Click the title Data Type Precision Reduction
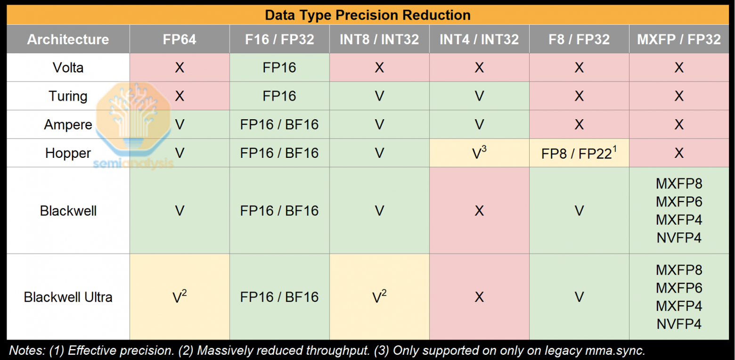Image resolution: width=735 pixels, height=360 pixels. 367,15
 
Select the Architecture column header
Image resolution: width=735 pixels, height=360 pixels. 68,40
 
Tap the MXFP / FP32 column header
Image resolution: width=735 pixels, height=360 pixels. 679,40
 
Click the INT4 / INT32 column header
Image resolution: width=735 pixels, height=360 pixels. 479,40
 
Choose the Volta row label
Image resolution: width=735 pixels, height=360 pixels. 68,68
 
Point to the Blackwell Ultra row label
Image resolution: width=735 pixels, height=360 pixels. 68,297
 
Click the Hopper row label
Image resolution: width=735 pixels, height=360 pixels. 68,153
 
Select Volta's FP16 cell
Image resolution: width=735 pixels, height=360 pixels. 279,68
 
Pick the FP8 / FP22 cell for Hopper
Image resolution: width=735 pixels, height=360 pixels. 579,154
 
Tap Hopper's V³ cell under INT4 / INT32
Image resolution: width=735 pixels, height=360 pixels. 479,154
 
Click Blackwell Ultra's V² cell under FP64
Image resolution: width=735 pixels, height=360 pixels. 180,297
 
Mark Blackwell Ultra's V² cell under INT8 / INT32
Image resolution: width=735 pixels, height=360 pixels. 379,297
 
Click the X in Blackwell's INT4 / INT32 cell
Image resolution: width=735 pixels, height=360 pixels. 479,211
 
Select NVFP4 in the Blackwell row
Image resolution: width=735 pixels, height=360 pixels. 679,238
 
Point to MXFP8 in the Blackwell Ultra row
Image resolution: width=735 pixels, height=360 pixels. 679,270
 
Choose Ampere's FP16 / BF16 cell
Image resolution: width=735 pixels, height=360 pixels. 279,125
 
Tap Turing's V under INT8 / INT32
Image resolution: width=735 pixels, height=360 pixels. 379,96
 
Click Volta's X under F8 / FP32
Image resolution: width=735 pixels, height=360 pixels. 579,68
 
